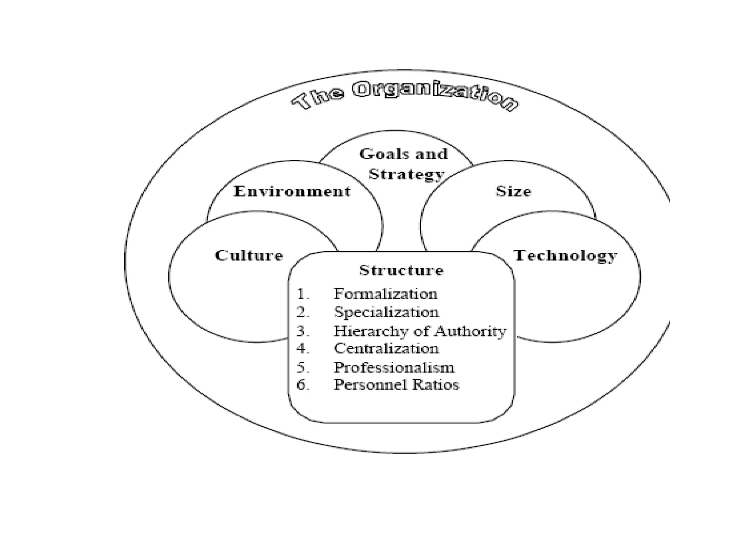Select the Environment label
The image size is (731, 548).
[292, 192]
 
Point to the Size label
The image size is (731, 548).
[513, 192]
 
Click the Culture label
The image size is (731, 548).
[249, 255]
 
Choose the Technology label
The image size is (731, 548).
[565, 255]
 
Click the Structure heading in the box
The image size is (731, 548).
[401, 270]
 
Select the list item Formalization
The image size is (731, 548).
[385, 294]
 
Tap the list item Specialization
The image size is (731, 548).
[386, 312]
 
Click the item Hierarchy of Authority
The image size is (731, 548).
[420, 331]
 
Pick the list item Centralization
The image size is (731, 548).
[386, 348]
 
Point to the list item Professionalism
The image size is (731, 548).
[394, 367]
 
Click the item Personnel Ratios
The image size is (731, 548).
[396, 385]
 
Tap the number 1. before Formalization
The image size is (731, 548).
[303, 294]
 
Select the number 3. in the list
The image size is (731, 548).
[303, 331]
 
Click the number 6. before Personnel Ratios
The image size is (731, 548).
[303, 385]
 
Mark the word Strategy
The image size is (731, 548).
[406, 174]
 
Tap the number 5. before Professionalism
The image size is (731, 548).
[303, 368]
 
